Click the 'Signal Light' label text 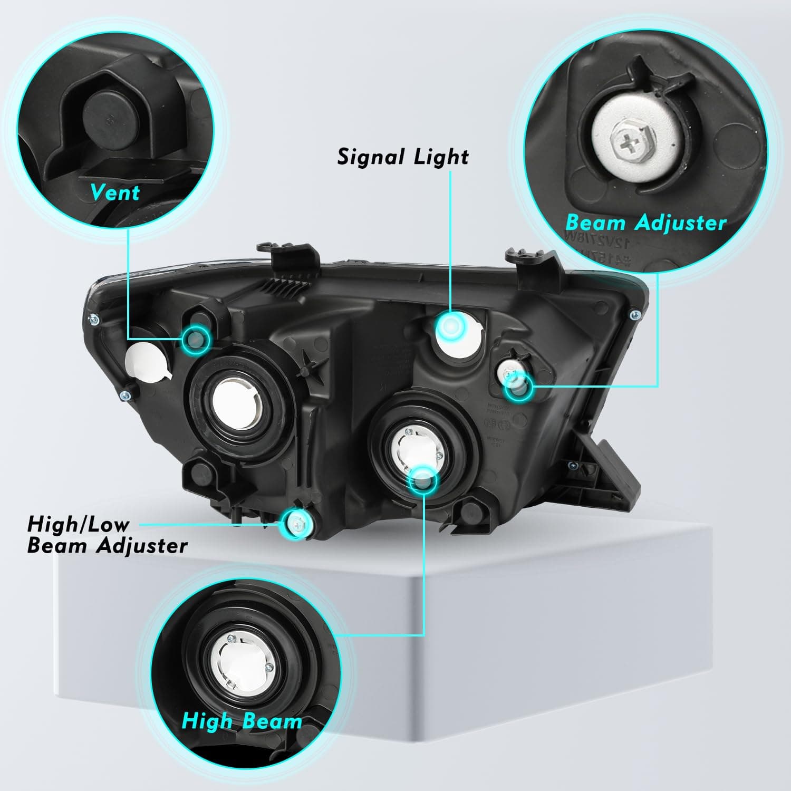pos(403,157)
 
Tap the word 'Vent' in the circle pos(115,192)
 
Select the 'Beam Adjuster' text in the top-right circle pos(646,223)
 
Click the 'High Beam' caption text pos(242,721)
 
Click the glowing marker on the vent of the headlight pos(196,340)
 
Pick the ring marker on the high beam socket pos(423,479)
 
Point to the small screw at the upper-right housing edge pos(633,315)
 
